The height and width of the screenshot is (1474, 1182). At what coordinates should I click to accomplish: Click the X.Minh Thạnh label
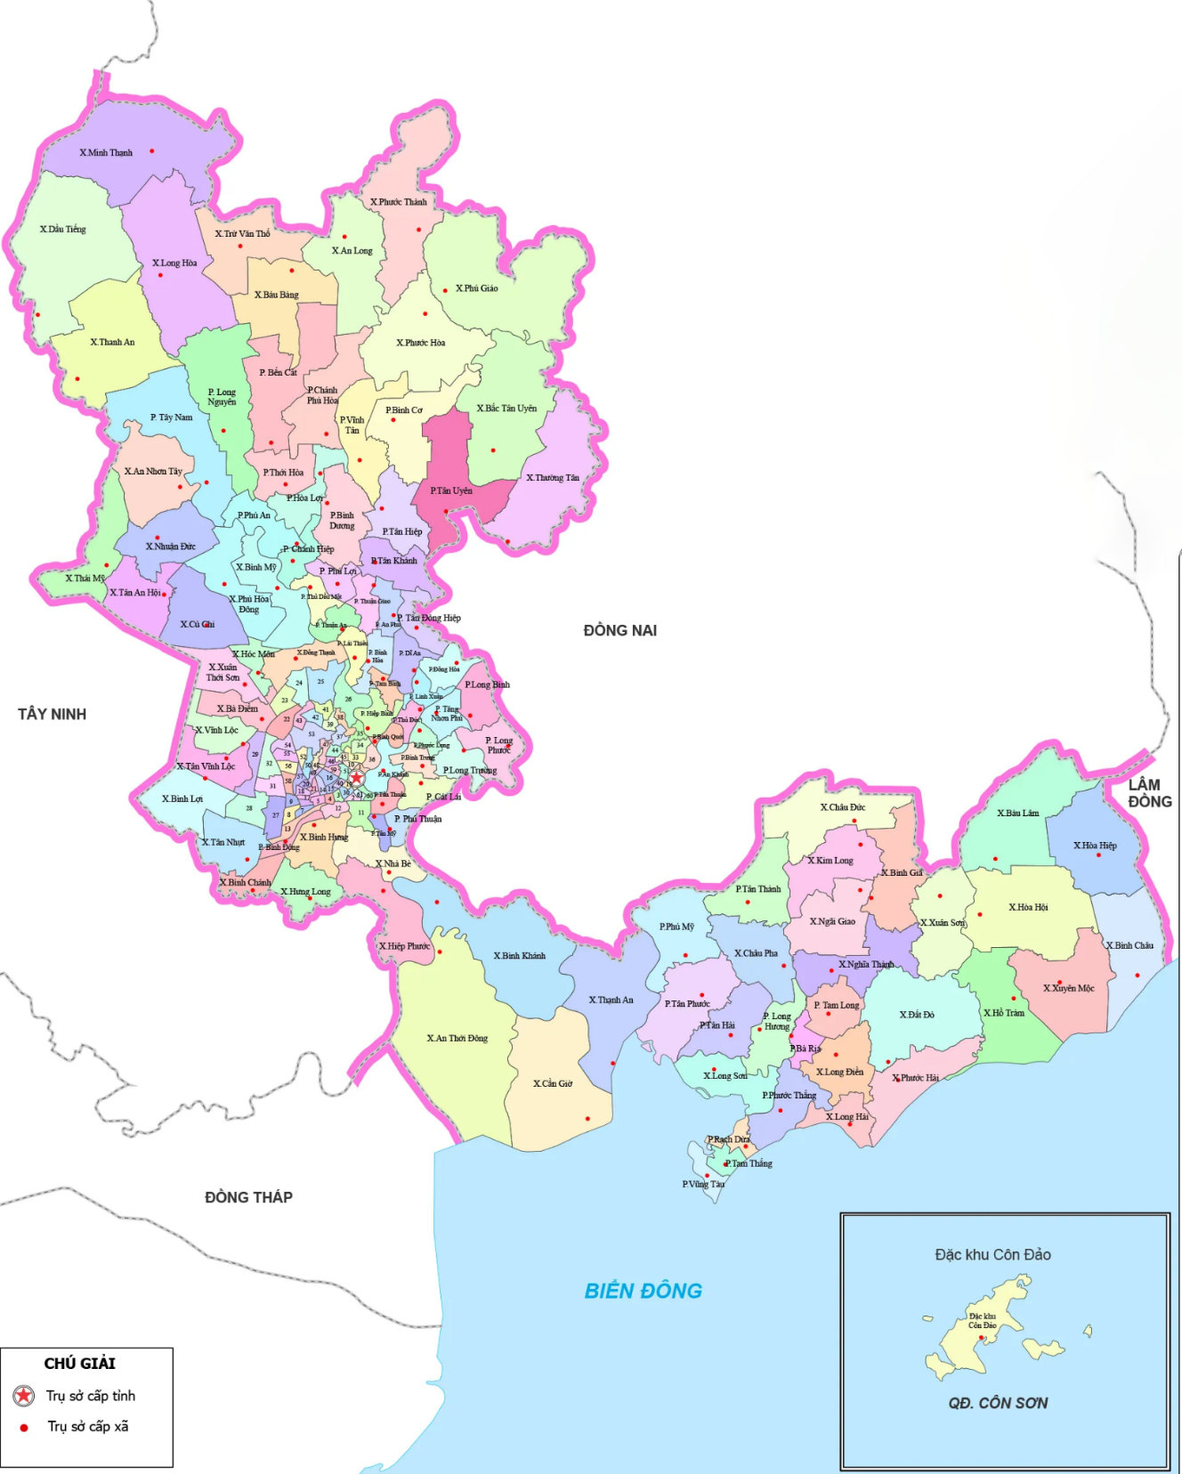[x=106, y=153]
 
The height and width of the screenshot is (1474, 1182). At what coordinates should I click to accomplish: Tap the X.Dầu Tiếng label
[x=63, y=230]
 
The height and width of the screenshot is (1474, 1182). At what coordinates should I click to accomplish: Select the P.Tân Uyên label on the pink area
[x=451, y=490]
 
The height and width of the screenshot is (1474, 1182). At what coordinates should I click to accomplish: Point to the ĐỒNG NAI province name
[x=619, y=630]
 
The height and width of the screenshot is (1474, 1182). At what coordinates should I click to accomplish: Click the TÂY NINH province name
[x=52, y=714]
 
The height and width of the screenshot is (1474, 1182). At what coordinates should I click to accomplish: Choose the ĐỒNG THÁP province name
[x=248, y=1197]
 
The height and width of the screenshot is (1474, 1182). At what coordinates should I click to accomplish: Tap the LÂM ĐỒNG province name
[x=1149, y=793]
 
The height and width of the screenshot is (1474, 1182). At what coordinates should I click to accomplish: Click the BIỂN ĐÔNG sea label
[x=643, y=1291]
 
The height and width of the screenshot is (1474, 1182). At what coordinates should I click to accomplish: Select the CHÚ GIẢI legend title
[x=80, y=1364]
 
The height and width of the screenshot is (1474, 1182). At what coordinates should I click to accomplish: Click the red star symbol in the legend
[x=24, y=1396]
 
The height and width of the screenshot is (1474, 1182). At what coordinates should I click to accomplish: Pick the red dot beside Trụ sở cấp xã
[x=24, y=1427]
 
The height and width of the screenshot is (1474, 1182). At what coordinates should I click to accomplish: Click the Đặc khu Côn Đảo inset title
[x=992, y=1255]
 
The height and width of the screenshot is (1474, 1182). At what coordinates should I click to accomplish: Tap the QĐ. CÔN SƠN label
[x=998, y=1403]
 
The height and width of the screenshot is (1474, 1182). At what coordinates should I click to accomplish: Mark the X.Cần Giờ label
[x=553, y=1083]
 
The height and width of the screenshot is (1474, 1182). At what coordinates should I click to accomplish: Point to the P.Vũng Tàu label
[x=703, y=1184]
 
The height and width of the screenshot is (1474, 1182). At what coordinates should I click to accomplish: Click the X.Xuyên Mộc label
[x=1068, y=988]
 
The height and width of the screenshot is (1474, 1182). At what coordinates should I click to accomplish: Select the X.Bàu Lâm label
[x=1017, y=813]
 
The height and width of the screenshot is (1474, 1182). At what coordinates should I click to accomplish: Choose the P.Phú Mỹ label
[x=676, y=927]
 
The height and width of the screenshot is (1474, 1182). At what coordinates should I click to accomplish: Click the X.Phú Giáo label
[x=477, y=288]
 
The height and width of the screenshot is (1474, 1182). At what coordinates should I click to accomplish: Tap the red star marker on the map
[x=356, y=777]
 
